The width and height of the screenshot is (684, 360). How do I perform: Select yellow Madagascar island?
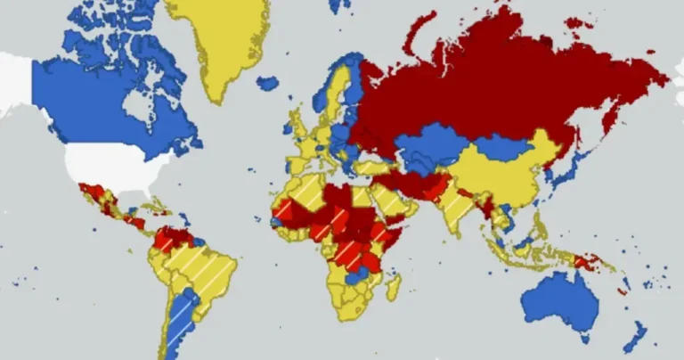click(x=391, y=288)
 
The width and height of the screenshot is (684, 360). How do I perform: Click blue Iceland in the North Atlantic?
click(x=267, y=84)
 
